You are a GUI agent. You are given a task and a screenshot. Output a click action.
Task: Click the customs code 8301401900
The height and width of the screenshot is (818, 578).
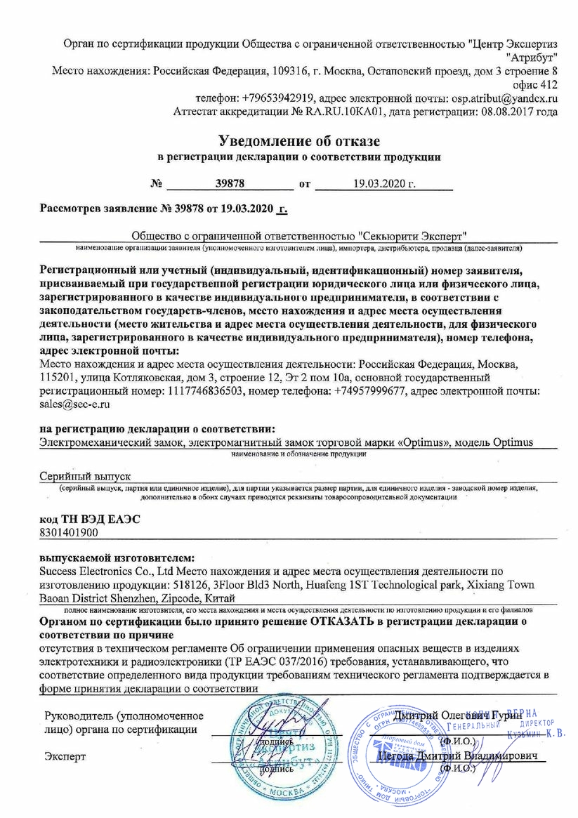point(70,533)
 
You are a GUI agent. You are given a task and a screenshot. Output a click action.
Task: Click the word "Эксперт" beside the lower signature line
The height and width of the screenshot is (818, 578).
point(65,756)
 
